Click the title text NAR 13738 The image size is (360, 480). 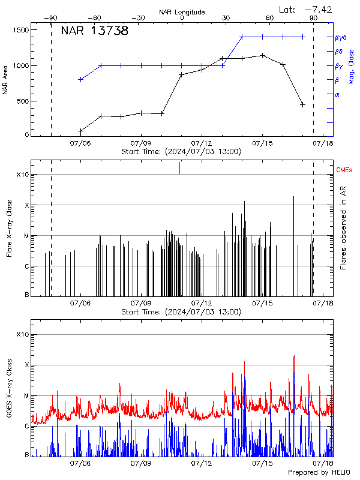(x=95, y=32)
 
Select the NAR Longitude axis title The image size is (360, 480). (x=182, y=12)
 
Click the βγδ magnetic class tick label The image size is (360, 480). (x=340, y=37)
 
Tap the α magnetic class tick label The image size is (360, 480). (x=337, y=94)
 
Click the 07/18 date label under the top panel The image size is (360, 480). (x=323, y=144)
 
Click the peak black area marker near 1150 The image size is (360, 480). (x=262, y=55)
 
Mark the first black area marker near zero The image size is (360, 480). (x=80, y=131)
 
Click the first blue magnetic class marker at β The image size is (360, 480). (x=80, y=79)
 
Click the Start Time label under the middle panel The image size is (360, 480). (x=182, y=312)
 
